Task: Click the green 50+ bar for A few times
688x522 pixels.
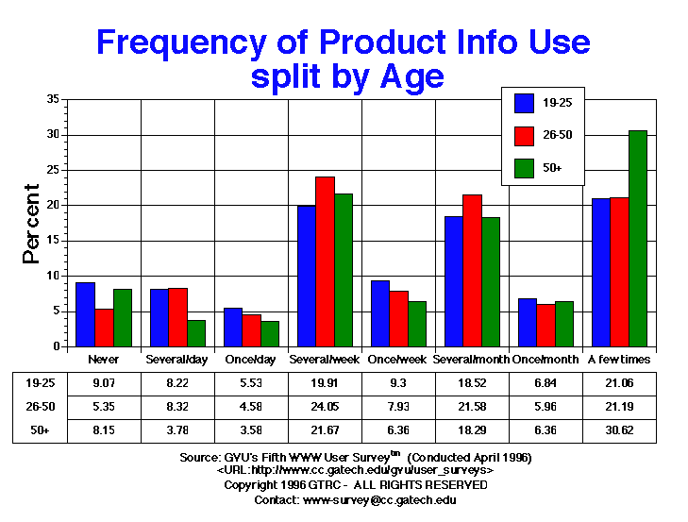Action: tap(638, 238)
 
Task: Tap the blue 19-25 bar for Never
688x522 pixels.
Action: tap(85, 314)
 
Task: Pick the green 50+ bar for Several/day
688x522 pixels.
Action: tap(196, 333)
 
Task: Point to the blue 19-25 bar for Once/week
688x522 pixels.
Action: tap(380, 313)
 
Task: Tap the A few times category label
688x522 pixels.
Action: tap(620, 360)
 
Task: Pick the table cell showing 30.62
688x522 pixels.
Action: tap(620, 429)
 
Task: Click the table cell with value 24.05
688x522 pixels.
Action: tap(325, 407)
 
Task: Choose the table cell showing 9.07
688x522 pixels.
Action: tap(101, 383)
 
